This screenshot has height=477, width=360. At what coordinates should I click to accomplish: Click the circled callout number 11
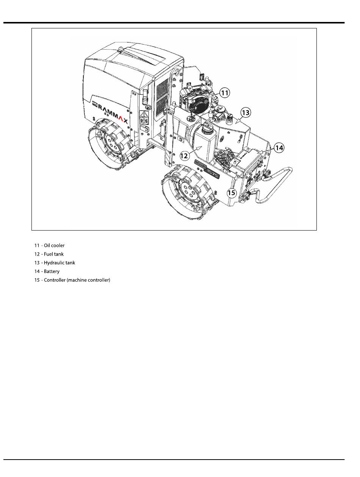224,93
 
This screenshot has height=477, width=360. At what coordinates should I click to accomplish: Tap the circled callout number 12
184,156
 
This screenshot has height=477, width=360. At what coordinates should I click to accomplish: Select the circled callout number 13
246,112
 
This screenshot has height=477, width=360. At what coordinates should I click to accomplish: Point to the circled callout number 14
279,148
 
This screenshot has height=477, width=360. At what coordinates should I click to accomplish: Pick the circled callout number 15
232,193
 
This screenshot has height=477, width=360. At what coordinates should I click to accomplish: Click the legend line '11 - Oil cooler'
49,245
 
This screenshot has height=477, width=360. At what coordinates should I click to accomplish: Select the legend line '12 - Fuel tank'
49,254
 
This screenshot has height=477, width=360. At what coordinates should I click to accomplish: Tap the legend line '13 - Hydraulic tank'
55,263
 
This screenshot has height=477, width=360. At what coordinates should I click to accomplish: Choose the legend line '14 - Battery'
47,271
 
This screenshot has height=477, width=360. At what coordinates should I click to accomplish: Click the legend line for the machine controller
72,280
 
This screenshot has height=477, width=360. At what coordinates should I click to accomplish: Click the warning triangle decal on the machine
143,115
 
